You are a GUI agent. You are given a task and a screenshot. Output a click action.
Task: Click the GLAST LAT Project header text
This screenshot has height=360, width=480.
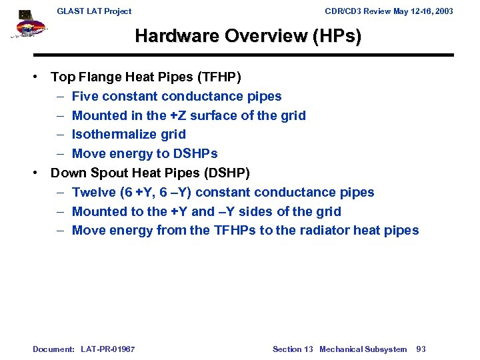(94, 11)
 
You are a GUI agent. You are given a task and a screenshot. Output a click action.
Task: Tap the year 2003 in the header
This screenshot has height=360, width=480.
(443, 11)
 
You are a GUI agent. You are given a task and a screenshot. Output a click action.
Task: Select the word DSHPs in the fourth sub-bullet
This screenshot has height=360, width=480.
(194, 154)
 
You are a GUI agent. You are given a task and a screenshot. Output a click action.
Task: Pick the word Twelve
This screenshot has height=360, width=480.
(93, 193)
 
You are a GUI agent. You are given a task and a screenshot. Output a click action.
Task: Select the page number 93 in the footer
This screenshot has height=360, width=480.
(421, 349)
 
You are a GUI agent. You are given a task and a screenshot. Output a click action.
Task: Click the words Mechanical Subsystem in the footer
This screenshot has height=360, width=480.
(363, 349)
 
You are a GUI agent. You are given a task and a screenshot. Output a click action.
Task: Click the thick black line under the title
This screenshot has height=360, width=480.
(243, 55)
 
